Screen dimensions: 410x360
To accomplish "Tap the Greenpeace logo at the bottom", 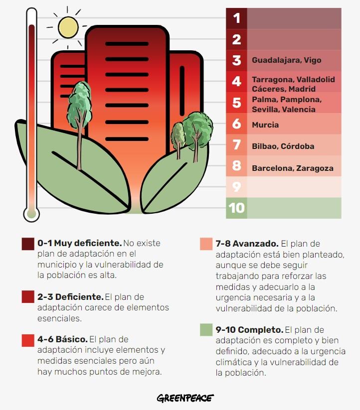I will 185,398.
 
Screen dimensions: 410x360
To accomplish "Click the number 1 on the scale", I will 236,18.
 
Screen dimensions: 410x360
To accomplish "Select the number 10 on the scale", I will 236,207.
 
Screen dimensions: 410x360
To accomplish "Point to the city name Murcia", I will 265,125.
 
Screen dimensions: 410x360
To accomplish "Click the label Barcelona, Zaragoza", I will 292,168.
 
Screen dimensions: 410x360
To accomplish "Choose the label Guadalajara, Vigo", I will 286,60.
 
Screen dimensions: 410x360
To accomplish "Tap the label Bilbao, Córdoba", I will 283,146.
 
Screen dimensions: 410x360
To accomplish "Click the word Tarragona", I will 272,80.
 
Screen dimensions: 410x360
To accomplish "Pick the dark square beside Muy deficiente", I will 28,244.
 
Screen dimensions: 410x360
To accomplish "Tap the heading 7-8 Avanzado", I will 247,244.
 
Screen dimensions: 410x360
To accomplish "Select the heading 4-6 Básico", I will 62,340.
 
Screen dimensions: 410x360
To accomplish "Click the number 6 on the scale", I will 236,124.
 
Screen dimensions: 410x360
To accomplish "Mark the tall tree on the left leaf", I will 79,110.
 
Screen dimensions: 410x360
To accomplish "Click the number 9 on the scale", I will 236,187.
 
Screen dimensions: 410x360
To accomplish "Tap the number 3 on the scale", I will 236,60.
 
